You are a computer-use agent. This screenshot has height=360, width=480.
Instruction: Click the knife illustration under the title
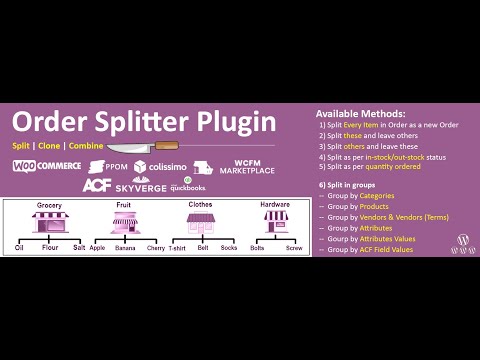(151, 148)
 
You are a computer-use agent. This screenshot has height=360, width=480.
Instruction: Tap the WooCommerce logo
(47, 166)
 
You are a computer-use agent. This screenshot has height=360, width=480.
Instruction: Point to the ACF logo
(96, 186)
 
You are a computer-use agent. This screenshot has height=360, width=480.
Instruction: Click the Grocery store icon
(49, 222)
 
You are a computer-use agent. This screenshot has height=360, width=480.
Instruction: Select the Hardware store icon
(275, 222)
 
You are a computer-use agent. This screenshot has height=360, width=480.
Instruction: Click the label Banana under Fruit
(125, 247)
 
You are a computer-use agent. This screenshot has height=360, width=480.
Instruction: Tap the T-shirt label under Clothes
(177, 247)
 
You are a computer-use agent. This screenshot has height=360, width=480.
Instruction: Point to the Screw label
(294, 247)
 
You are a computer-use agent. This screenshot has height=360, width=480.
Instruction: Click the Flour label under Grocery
(50, 247)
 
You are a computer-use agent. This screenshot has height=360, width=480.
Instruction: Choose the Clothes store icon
(201, 222)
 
